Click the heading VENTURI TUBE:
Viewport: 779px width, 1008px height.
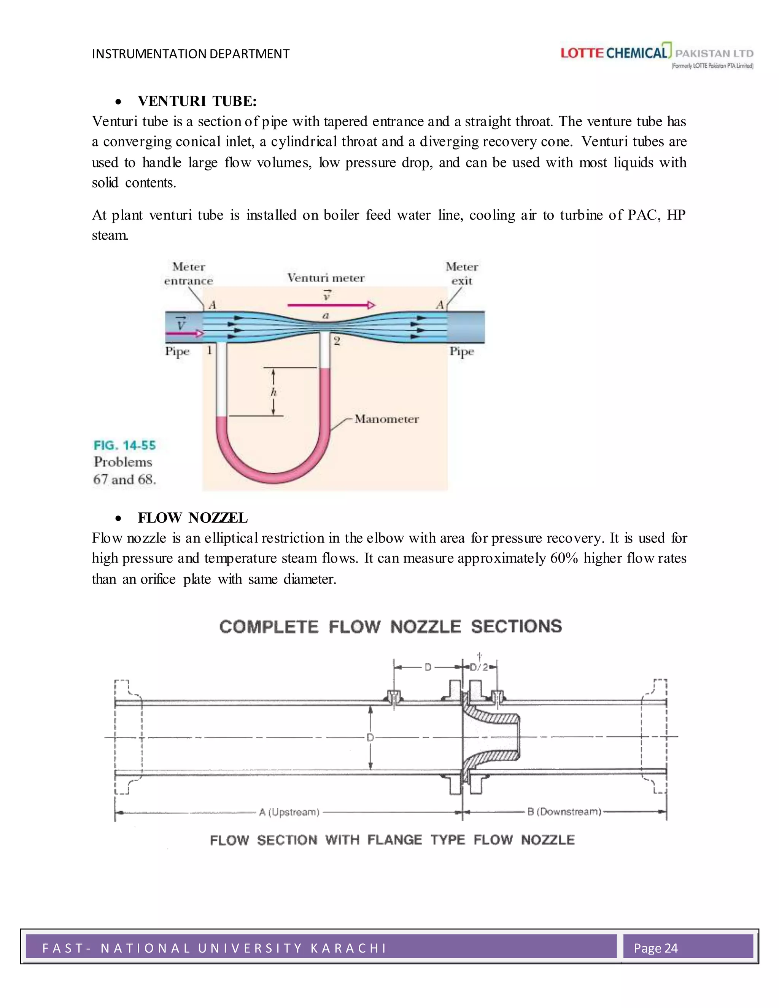[197, 101]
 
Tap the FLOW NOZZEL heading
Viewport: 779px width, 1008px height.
[192, 518]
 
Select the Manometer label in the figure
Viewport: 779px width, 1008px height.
[387, 419]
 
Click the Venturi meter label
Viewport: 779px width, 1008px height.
[326, 278]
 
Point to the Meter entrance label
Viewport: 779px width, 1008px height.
[189, 274]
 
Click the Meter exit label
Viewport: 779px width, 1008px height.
[461, 274]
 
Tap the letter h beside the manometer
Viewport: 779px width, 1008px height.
[273, 392]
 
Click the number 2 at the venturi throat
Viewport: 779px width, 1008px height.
[337, 341]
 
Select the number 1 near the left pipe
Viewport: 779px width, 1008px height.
[210, 350]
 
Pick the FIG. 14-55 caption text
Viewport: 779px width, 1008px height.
[125, 445]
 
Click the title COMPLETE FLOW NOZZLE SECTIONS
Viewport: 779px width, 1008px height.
[390, 626]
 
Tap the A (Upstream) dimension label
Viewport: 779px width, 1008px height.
[289, 812]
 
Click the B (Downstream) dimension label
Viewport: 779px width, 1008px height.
[564, 811]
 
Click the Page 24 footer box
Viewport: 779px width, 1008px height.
[688, 948]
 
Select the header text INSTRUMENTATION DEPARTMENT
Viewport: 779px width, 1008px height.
[191, 54]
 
